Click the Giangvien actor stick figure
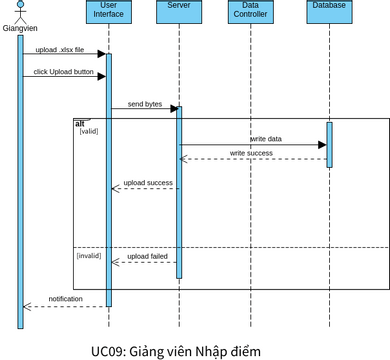click(x=19, y=11)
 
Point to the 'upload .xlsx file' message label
click(x=60, y=49)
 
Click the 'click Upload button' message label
click(x=63, y=72)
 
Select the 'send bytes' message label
click(x=144, y=103)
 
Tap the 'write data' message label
click(x=265, y=139)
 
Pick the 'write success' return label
click(x=251, y=153)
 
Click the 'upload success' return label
click(x=148, y=183)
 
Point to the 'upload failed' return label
click(x=147, y=257)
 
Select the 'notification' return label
click(x=66, y=299)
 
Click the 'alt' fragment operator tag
click(x=80, y=122)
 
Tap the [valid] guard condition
click(x=88, y=131)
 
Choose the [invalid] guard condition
click(x=90, y=257)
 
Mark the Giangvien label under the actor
click(x=20, y=28)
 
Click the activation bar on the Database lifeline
click(x=329, y=145)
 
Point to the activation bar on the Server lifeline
click(x=179, y=190)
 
